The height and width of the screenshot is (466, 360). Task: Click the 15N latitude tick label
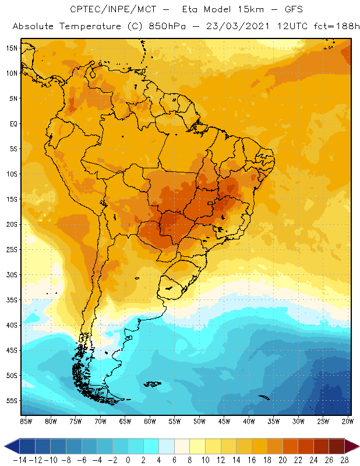[11, 48]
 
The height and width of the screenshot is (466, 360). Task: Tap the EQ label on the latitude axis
[12, 123]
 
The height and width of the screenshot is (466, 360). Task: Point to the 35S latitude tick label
[11, 300]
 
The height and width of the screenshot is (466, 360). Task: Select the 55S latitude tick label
[11, 401]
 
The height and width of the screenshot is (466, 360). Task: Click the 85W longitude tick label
[26, 421]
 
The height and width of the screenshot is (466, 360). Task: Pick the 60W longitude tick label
[150, 421]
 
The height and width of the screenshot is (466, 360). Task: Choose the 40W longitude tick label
[249, 421]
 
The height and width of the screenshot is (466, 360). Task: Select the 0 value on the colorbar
[128, 460]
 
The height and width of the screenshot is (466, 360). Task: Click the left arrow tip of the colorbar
[5, 447]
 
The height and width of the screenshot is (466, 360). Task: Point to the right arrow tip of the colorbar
[357, 447]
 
